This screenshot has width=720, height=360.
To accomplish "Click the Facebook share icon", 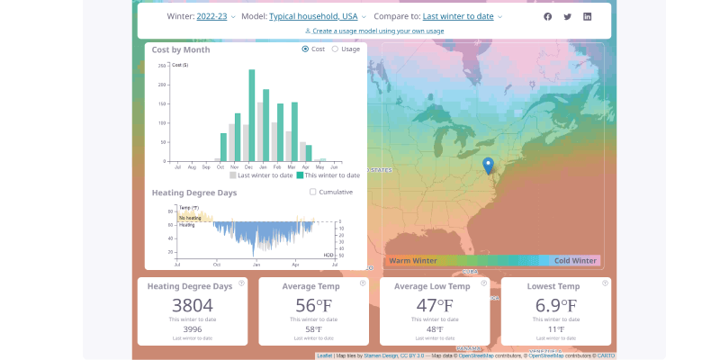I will [548, 16].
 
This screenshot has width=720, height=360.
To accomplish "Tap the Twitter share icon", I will [568, 16].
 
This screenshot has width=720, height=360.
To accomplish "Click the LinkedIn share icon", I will [588, 16].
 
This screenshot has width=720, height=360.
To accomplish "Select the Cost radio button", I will [306, 49].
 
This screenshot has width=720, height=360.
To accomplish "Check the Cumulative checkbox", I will [313, 192].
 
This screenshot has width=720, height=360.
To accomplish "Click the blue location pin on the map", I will [488, 166].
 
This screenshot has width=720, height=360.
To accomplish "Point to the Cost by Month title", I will [181, 49].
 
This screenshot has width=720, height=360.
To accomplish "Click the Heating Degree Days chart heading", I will [194, 193].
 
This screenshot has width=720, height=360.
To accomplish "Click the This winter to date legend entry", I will [328, 175].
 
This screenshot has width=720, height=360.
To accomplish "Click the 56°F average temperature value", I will [312, 305].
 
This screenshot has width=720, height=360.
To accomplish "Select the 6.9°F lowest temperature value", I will [556, 305].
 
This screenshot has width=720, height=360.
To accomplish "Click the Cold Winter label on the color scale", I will [575, 261].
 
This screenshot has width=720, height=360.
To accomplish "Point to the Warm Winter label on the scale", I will [413, 261].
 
